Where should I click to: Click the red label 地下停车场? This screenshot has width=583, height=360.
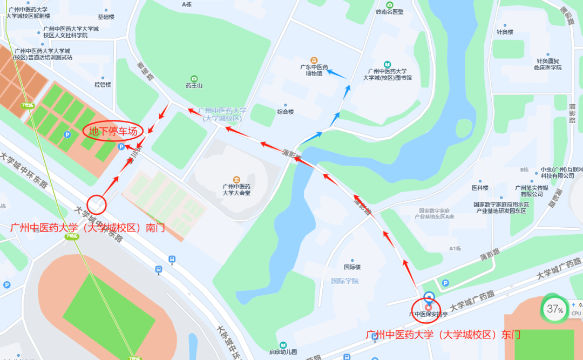tap(113, 131)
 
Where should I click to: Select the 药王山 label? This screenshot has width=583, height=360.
tap(194, 85)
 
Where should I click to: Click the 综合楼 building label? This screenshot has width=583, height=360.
tap(286, 112)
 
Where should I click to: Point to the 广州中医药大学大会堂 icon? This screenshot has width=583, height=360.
tap(236, 179)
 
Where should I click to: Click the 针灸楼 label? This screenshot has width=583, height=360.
tap(505, 32)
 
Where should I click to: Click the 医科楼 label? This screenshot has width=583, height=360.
tap(480, 188)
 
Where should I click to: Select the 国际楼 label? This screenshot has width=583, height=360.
tap(352, 267)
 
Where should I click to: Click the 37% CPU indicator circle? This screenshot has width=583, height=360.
tap(555, 309)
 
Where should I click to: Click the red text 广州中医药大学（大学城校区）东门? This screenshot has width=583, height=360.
tap(443, 335)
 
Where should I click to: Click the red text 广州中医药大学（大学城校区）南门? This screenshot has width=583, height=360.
tap(87, 228)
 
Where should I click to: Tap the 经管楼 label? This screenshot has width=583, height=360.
tap(103, 84)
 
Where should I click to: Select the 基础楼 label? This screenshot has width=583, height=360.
tap(106, 17)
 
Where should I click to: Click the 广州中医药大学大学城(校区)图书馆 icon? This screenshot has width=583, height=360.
tap(387, 64)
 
